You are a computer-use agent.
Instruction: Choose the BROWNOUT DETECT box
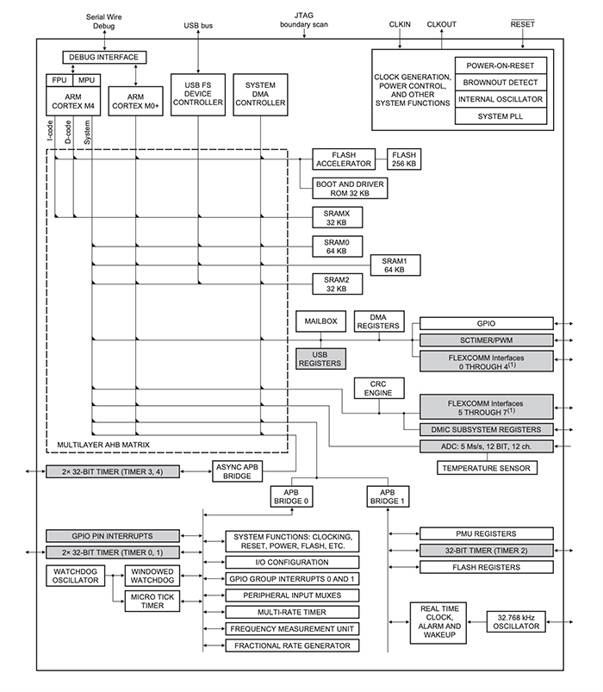(x=501, y=83)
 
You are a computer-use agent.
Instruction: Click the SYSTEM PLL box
(x=501, y=116)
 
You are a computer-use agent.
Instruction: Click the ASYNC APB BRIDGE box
(x=236, y=471)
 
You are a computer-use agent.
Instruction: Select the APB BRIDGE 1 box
(x=387, y=496)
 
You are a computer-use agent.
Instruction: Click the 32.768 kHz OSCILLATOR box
(x=515, y=621)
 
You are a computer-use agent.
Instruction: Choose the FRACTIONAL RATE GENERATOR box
(x=292, y=645)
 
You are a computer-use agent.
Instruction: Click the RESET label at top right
(x=522, y=25)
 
